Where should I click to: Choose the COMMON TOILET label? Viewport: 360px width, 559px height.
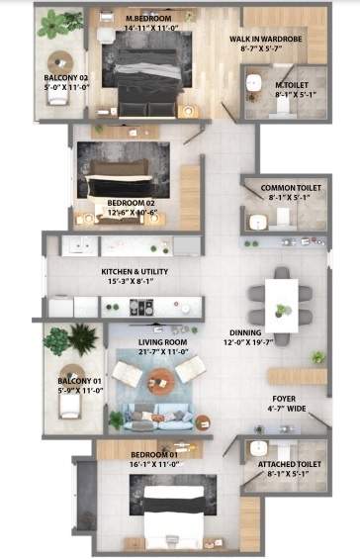(289, 187)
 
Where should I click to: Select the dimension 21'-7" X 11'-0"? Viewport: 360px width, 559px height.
(162, 352)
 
